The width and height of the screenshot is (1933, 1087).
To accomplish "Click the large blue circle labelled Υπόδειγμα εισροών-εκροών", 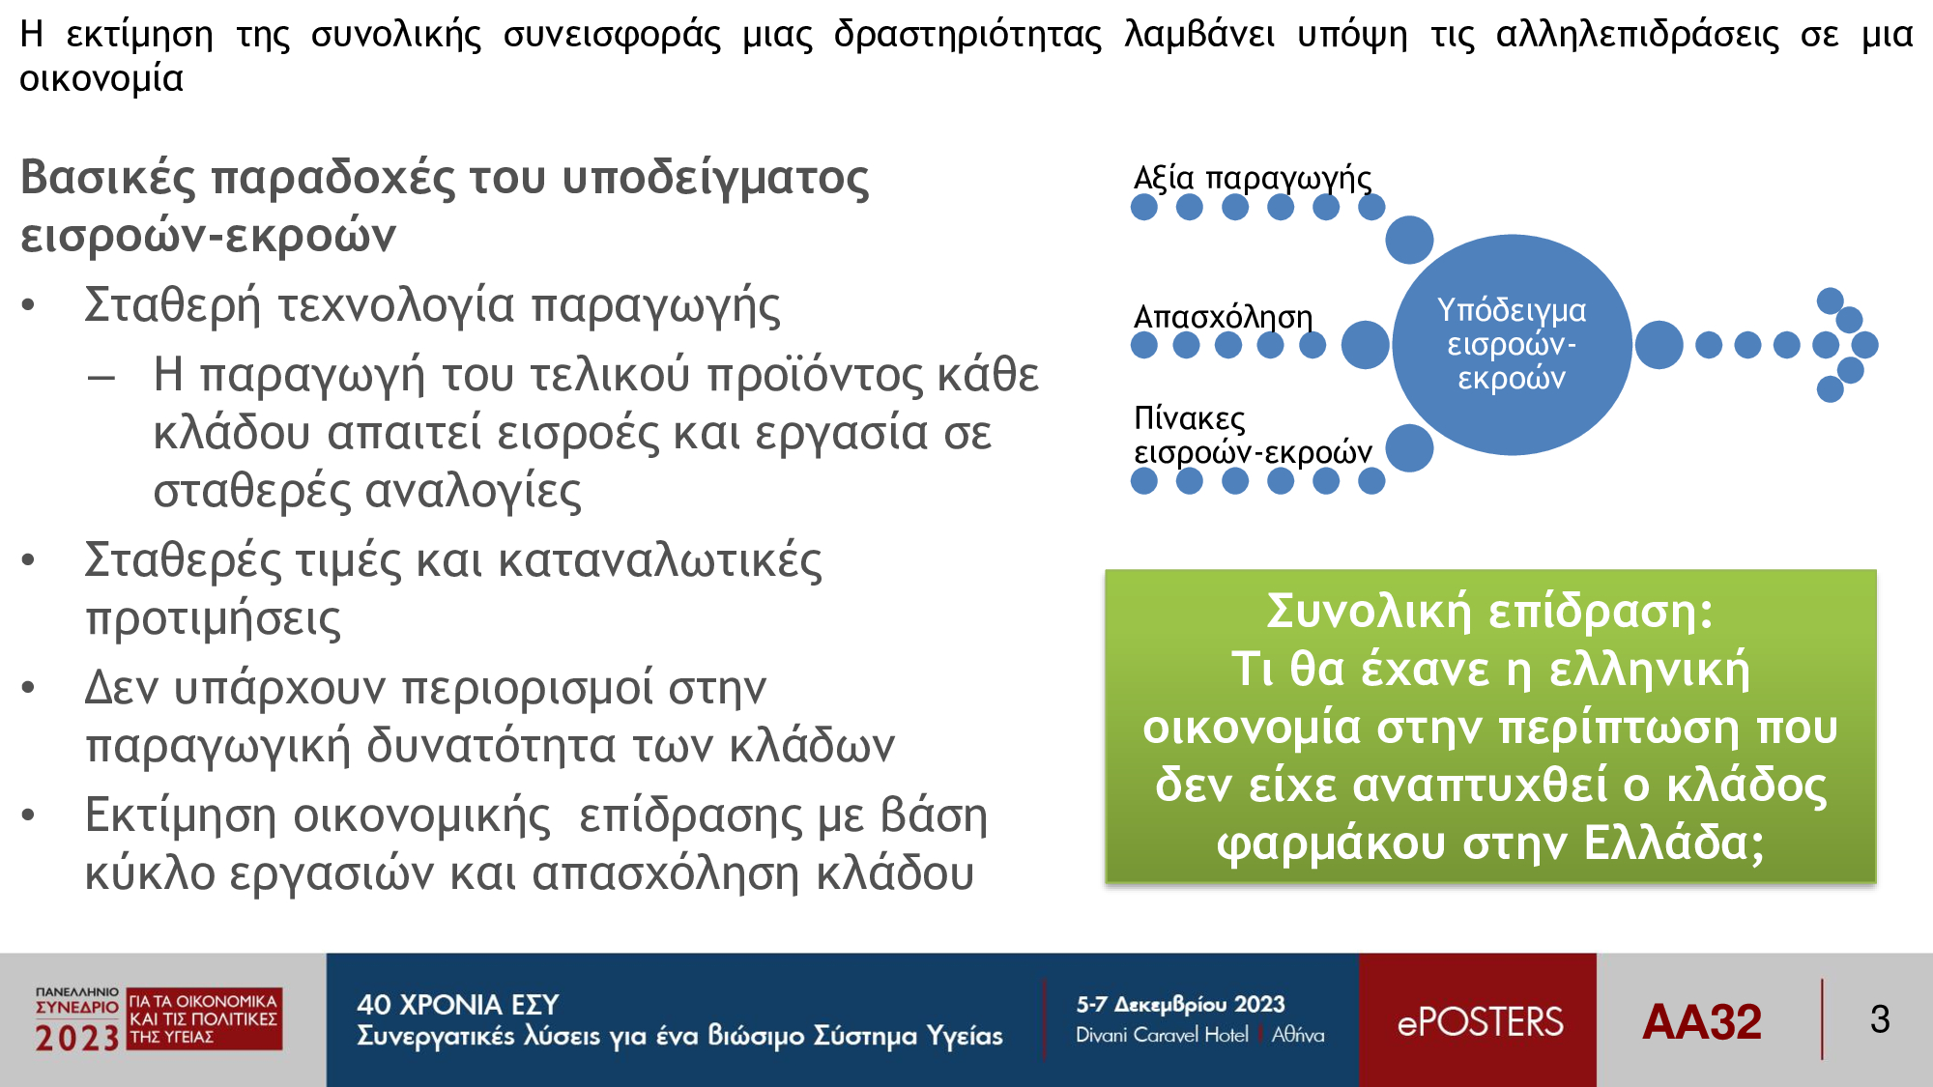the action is [x=1512, y=345].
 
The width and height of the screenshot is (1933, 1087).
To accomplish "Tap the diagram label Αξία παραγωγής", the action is [x=1253, y=179].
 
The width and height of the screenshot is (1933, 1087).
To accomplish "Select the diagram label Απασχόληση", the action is [x=1223, y=317].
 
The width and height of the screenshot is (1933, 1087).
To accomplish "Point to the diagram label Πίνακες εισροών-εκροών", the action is [x=1253, y=435].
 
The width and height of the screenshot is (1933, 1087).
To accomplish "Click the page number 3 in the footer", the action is [x=1880, y=1019].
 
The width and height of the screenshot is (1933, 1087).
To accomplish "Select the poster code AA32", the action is [x=1702, y=1021].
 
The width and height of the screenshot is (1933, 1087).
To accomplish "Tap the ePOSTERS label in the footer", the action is [x=1480, y=1021].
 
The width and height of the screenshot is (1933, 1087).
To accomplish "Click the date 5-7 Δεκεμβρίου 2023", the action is [x=1180, y=1005].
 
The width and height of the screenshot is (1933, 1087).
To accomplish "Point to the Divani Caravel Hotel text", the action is [x=1162, y=1035].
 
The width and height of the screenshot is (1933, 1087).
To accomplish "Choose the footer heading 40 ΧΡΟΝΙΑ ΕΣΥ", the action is [x=458, y=1005].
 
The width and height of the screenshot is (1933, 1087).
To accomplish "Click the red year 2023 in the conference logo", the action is [x=77, y=1038].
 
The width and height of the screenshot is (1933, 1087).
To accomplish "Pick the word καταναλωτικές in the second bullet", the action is [x=660, y=560].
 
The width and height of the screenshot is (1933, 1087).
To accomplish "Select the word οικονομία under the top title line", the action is [x=101, y=78].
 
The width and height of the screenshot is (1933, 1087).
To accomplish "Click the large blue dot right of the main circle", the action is [x=1659, y=345].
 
